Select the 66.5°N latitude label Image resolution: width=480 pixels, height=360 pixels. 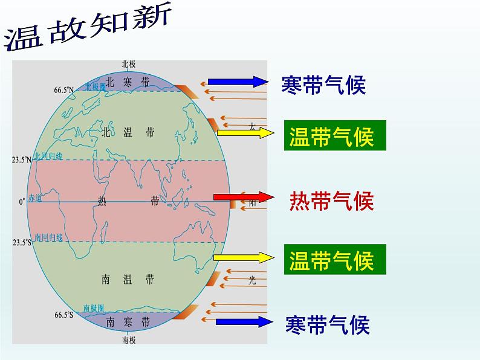[x=63, y=90]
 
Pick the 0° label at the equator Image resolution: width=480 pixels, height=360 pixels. [x=22, y=202]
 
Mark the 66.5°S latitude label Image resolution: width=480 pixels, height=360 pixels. [x=63, y=314]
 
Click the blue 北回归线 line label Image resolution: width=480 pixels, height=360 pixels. [x=49, y=155]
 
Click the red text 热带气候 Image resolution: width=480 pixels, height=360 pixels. [x=332, y=201]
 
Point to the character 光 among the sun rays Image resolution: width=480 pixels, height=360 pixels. [x=253, y=280]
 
